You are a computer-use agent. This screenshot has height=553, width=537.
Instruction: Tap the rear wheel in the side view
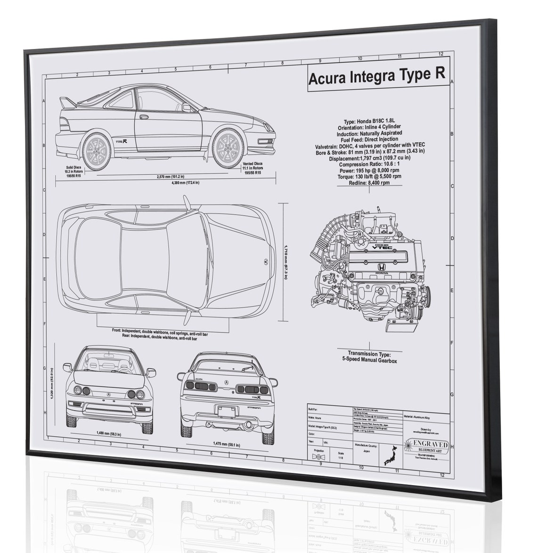pos(97,151)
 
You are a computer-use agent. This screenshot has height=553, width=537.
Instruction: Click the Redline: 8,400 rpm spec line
pos(369,183)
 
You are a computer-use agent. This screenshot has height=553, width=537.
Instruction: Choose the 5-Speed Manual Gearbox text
pos(370,360)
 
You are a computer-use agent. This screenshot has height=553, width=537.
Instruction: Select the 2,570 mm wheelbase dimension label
pos(170,177)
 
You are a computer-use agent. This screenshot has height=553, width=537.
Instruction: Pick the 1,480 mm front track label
pos(108,434)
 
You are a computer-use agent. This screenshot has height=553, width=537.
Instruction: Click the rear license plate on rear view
pos(227,411)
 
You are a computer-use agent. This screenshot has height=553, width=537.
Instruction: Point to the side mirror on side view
pos(187,108)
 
